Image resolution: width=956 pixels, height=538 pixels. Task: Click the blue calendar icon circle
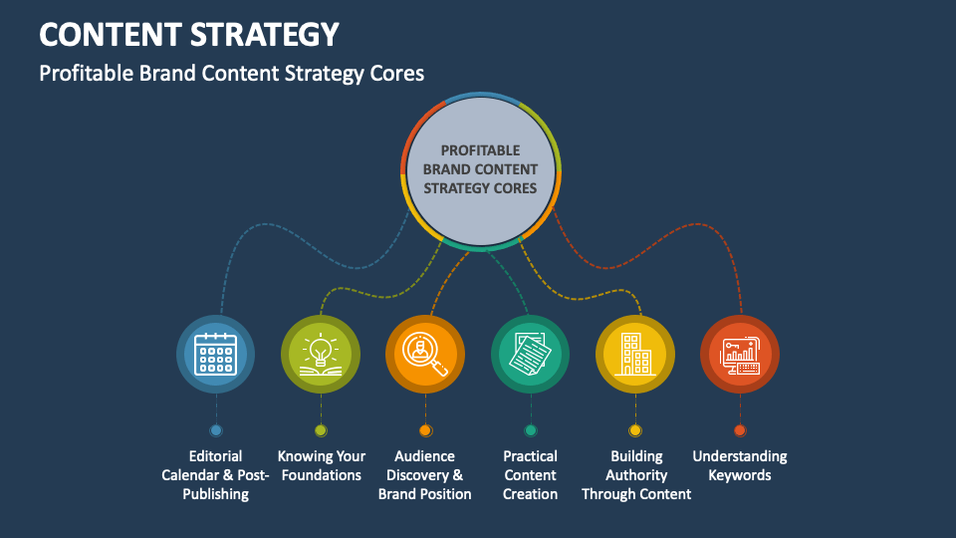click(215, 354)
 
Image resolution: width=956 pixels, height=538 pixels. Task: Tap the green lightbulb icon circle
click(321, 354)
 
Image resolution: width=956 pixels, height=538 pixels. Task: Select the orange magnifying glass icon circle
click(425, 354)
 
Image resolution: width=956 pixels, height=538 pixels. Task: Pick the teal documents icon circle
click(531, 354)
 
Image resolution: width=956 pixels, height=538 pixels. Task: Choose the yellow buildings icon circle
click(635, 354)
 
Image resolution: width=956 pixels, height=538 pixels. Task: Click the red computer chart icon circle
click(740, 354)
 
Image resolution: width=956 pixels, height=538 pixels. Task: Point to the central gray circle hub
click(480, 171)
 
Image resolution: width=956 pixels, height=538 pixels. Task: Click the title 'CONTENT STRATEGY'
click(189, 34)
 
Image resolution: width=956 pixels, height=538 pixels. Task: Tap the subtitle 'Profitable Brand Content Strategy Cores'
click(232, 74)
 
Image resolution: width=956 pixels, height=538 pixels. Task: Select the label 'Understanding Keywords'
click(740, 465)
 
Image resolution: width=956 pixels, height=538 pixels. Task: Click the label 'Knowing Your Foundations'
click(322, 465)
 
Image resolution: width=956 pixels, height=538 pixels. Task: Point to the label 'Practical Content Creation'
click(531, 475)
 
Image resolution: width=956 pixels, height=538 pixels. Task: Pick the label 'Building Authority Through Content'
click(636, 475)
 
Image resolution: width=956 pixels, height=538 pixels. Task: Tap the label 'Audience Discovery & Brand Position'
click(425, 475)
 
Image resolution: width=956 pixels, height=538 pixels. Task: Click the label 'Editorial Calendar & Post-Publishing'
click(215, 475)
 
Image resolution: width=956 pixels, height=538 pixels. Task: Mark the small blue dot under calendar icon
click(216, 430)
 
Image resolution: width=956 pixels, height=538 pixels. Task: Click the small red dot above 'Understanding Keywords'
click(740, 430)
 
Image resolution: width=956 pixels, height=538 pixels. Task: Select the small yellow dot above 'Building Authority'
click(635, 430)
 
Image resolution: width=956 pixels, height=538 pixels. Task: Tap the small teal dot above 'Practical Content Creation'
click(531, 430)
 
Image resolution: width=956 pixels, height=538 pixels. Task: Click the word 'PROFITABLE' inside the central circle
click(480, 150)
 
